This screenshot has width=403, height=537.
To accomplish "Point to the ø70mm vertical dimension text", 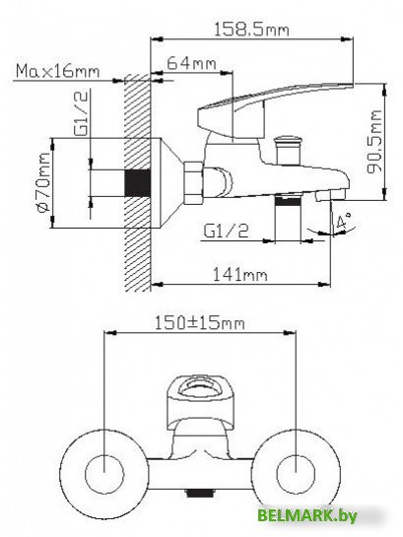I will (42, 183).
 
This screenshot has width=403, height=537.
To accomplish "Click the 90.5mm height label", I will (373, 144).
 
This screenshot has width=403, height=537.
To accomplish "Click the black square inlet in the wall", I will (135, 184).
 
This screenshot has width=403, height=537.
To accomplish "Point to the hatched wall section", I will (135, 246).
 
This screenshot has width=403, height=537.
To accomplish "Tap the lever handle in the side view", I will (276, 106).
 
